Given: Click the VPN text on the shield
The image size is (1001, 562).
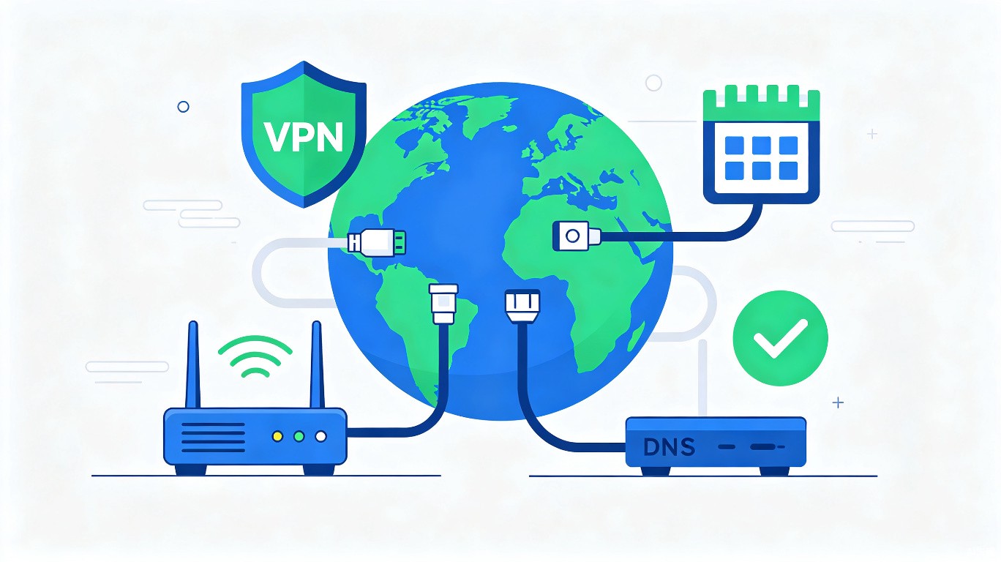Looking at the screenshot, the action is [304, 136].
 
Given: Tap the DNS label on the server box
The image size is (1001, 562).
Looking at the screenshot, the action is [669, 446].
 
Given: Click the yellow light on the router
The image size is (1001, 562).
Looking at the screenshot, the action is [277, 436].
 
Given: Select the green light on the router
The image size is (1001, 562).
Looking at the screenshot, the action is [299, 436].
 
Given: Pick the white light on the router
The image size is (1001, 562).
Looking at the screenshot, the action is [320, 436].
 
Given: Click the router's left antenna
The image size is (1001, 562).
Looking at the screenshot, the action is [193, 364].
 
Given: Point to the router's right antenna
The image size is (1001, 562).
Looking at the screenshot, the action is [317, 364].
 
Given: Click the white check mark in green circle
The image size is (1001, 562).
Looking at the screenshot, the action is [781, 339].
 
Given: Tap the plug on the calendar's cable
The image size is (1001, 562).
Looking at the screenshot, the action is [577, 236].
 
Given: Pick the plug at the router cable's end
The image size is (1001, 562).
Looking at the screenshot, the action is [443, 304].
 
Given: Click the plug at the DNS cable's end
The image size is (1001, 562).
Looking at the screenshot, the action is [522, 307].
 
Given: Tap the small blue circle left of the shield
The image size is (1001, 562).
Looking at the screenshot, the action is [183, 107].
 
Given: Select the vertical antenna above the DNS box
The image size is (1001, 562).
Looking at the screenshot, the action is [702, 378].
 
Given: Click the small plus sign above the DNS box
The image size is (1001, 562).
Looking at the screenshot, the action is [839, 403].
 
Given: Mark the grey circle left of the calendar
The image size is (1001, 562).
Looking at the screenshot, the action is [653, 83].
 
